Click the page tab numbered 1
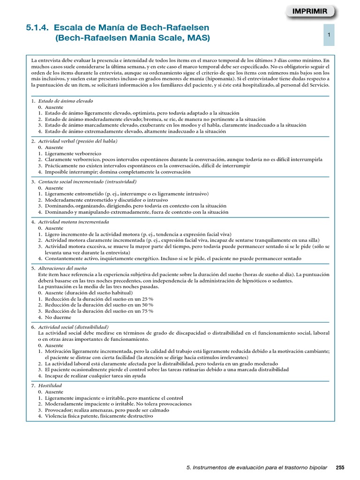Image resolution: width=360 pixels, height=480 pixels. click(330, 35)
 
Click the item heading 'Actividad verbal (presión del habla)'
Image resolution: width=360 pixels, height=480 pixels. click(77, 141)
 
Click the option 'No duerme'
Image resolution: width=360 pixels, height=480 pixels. click(57, 317)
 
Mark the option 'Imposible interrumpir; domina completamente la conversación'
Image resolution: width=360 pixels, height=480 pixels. click(118, 172)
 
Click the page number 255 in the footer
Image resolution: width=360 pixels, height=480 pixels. click(340, 467)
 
